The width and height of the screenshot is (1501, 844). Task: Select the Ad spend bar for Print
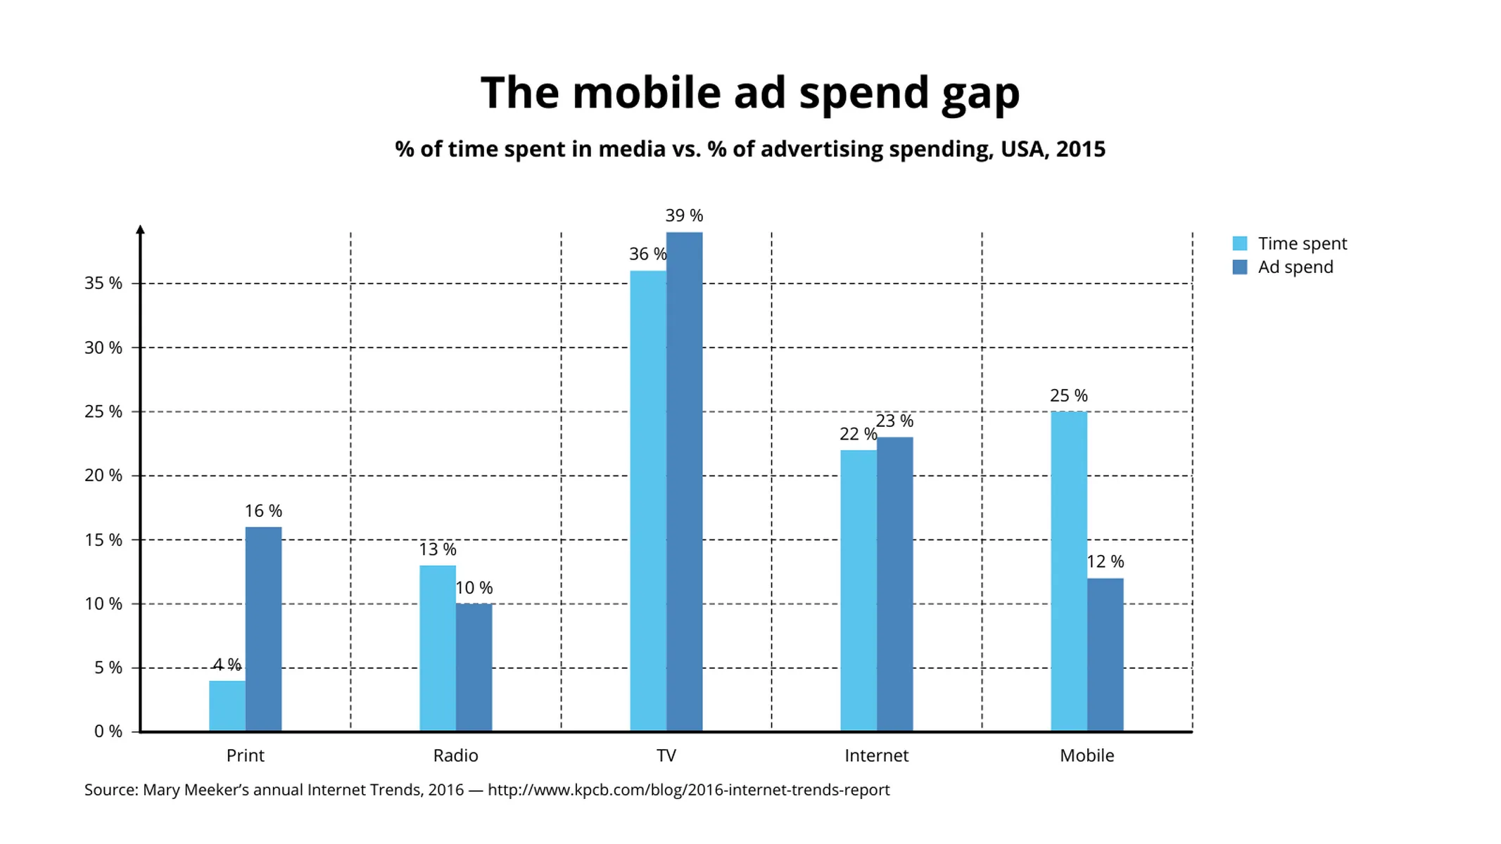(x=263, y=629)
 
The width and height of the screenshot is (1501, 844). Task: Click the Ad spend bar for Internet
(x=894, y=584)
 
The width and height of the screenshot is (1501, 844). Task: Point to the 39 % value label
(x=684, y=215)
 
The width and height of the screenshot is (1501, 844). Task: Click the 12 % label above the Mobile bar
(x=1105, y=561)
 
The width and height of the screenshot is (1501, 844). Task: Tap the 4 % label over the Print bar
(x=227, y=665)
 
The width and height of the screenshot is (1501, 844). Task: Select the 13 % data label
(x=438, y=549)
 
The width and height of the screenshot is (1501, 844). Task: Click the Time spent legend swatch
(x=1239, y=243)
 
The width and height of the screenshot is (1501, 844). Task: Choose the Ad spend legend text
(x=1295, y=267)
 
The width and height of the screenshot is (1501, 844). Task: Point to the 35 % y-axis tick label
(x=103, y=283)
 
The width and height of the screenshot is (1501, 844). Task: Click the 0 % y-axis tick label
(x=108, y=731)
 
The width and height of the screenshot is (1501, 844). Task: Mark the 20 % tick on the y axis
(x=103, y=475)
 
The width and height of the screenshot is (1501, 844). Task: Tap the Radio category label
(x=455, y=755)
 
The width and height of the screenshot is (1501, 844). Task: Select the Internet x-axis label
(x=876, y=755)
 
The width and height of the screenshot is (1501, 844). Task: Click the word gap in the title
(x=980, y=94)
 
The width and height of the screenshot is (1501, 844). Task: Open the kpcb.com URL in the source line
(x=688, y=790)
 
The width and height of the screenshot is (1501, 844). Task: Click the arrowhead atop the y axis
(x=140, y=230)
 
